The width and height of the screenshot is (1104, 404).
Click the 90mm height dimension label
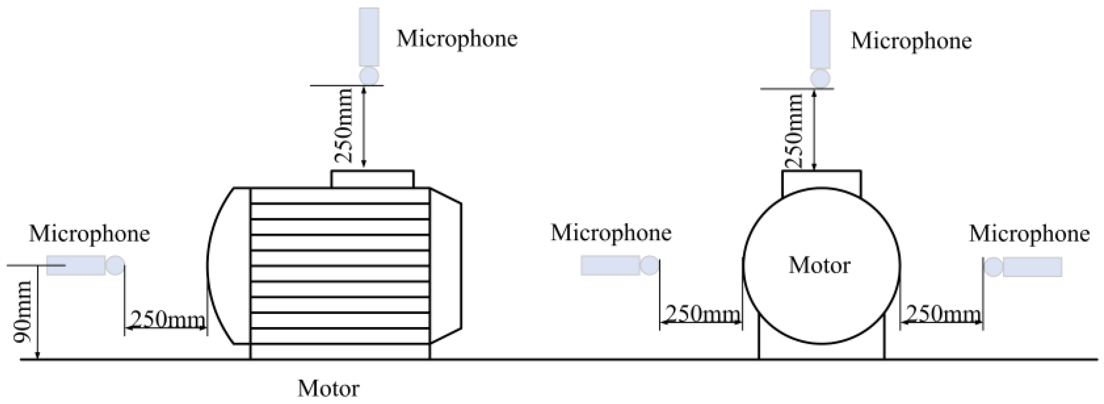tap(23, 311)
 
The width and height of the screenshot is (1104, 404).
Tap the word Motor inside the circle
tap(819, 266)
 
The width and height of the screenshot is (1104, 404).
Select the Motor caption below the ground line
tap(328, 388)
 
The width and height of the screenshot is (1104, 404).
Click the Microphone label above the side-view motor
tap(457, 38)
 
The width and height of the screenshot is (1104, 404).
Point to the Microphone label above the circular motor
tap(911, 41)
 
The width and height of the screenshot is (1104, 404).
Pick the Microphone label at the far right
tap(1029, 234)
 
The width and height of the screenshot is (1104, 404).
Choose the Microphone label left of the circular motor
tap(611, 233)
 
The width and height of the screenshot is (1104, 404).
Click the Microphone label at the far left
tap(90, 234)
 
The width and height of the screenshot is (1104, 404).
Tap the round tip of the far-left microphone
tap(115, 265)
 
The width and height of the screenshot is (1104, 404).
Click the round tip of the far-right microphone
tap(993, 267)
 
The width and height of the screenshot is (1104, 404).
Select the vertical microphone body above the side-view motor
tap(369, 37)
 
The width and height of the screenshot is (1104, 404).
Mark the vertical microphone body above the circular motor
tap(820, 39)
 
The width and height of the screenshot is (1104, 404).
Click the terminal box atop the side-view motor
tap(372, 179)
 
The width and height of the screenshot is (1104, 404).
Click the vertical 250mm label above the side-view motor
tap(344, 125)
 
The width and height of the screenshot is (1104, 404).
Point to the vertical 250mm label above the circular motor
tap(794, 130)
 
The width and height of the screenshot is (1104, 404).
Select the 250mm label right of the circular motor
tap(943, 314)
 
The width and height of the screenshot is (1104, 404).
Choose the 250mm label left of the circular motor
tap(702, 314)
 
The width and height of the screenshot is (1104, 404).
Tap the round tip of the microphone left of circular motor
tap(650, 265)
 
